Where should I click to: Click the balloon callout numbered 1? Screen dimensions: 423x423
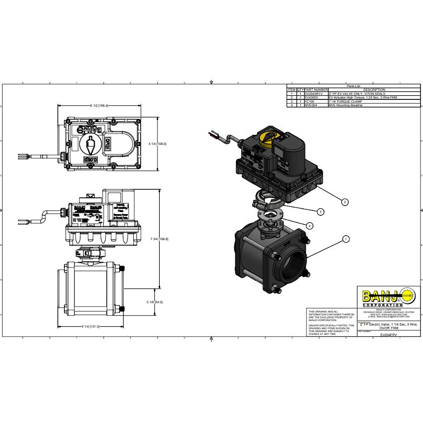click(x=346, y=239)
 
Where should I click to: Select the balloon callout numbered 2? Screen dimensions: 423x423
click(x=344, y=202)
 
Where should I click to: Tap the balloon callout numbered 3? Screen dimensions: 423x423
click(x=320, y=212)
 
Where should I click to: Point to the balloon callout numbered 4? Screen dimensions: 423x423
click(x=309, y=226)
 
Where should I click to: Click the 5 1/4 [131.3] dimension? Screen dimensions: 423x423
click(x=91, y=326)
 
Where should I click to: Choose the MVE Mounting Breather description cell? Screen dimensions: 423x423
click(x=344, y=106)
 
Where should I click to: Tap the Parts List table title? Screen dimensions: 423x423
click(x=353, y=86)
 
